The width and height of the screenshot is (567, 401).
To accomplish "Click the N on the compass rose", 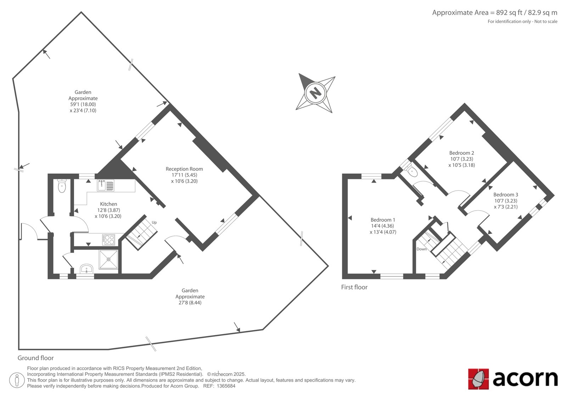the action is click(x=315, y=93).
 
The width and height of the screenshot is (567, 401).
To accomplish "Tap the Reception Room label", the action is click(x=184, y=169).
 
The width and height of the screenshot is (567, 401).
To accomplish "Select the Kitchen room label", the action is click(x=108, y=204).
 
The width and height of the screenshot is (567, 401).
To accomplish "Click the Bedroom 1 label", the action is click(x=383, y=220).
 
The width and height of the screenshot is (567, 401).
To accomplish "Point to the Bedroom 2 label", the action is click(x=462, y=153).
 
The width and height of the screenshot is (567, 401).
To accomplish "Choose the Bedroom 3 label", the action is click(x=506, y=195).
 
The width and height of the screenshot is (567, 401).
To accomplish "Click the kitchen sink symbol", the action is click(x=106, y=185).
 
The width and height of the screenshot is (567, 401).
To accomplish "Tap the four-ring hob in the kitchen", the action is click(x=108, y=240).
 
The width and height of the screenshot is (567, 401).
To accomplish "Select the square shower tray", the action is click(x=108, y=260).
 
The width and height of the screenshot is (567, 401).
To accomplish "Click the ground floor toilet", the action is click(x=62, y=186).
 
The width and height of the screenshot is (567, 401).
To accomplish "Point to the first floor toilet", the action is click(x=411, y=171).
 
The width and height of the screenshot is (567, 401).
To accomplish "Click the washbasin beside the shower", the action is click(x=86, y=269).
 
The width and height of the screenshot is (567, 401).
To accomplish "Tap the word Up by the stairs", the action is click(x=154, y=223).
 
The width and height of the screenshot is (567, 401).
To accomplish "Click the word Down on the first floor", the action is click(x=422, y=249).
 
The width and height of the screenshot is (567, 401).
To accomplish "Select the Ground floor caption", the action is click(x=36, y=358).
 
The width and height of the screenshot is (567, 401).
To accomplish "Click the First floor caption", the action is click(x=354, y=287).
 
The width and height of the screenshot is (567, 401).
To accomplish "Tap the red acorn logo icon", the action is click(x=478, y=379).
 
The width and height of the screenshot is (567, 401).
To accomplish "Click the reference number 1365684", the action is click(x=226, y=386).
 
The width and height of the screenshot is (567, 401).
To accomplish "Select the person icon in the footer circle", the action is click(x=17, y=380).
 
